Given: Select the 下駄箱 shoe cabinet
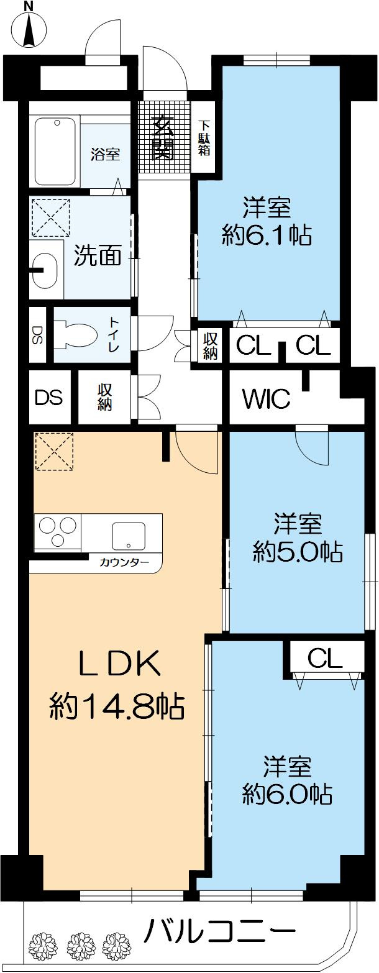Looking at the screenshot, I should [x=204, y=137].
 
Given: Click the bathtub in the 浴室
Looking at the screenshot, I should [x=55, y=151].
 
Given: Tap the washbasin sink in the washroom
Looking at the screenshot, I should [x=45, y=271].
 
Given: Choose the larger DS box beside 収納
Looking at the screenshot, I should [x=49, y=398].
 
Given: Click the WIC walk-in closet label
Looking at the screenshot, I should [x=266, y=398].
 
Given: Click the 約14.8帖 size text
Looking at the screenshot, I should [x=116, y=706].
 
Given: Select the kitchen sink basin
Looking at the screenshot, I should [x=128, y=535].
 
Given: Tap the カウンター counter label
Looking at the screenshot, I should [x=124, y=563].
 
